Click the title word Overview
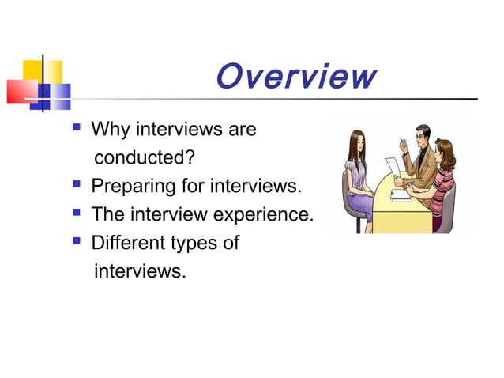(295, 77)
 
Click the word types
(194, 243)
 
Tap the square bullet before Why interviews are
(77, 127)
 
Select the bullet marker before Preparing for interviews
(77, 186)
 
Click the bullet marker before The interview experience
(77, 214)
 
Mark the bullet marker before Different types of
(77, 241)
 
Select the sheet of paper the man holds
(393, 168)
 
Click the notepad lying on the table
(401, 195)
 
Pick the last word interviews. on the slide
(140, 271)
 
